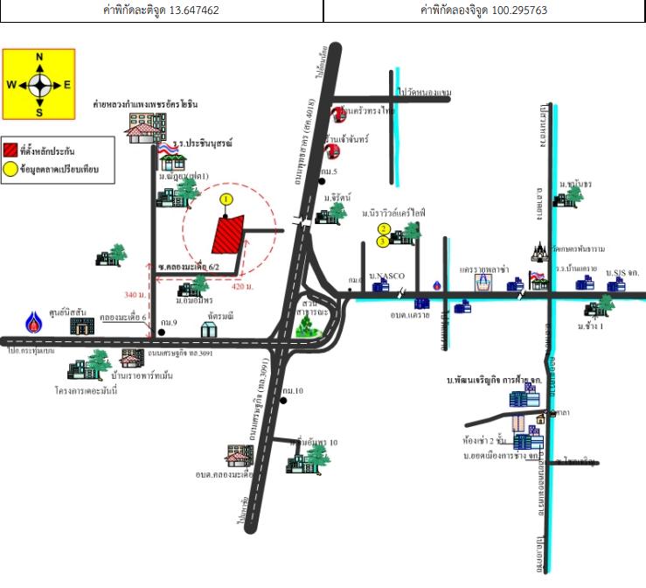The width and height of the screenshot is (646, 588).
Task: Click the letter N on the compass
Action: click(x=39, y=57)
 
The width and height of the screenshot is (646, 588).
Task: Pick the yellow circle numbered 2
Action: click(x=383, y=229)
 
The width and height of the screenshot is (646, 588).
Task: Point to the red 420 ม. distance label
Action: click(x=243, y=285)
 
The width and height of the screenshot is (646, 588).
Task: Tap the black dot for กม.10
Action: click(x=284, y=401)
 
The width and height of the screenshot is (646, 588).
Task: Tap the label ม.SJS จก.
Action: click(x=623, y=273)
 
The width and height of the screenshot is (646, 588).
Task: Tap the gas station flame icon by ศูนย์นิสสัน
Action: click(x=34, y=321)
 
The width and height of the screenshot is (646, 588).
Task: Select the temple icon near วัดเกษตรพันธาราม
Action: click(x=538, y=254)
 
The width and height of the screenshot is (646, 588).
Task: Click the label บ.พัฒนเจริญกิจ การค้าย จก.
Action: click(x=494, y=381)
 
